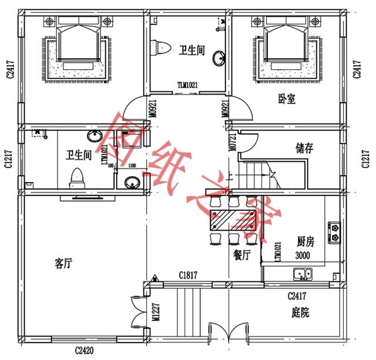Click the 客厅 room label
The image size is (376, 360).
click(63, 264)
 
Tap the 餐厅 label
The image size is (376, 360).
click(242, 255)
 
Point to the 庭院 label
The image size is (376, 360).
click(300, 312)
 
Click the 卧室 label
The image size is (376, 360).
click(287, 99)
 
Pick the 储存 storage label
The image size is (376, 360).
click(304, 149)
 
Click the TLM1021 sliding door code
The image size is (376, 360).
click(187, 85)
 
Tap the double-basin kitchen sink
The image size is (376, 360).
click(304, 273)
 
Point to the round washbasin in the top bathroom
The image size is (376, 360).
click(219, 58)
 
